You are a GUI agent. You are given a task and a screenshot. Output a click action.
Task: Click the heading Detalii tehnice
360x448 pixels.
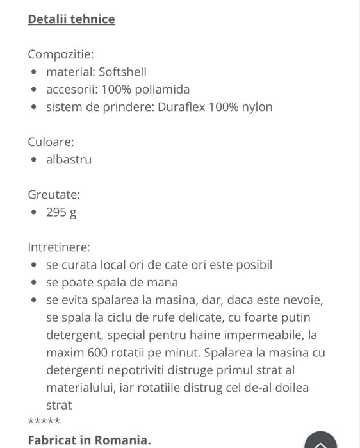tap(71, 19)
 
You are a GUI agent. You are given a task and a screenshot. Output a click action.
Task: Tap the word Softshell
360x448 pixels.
tap(122, 72)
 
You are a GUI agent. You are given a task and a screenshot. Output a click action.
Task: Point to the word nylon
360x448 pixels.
tap(256, 106)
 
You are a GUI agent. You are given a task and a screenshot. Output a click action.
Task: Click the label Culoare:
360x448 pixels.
tap(51, 141)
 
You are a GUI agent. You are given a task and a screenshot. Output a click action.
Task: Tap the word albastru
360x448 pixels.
tap(69, 159)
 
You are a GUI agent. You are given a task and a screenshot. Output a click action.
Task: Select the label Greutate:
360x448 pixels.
tap(54, 194)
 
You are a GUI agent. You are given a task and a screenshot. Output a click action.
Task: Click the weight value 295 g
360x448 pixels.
tap(61, 212)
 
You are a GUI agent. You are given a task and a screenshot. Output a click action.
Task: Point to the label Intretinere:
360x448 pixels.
tap(59, 246)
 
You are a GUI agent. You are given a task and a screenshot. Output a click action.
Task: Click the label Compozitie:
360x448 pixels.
tap(60, 54)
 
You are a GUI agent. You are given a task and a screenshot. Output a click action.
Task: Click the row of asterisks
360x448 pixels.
tap(44, 422)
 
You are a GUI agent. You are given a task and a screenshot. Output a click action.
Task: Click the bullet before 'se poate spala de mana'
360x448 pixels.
tap(33, 283)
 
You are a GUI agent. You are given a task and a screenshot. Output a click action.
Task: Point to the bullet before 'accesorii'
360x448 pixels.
tap(33, 90)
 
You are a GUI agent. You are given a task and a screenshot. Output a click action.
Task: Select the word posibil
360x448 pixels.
tap(252, 264)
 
